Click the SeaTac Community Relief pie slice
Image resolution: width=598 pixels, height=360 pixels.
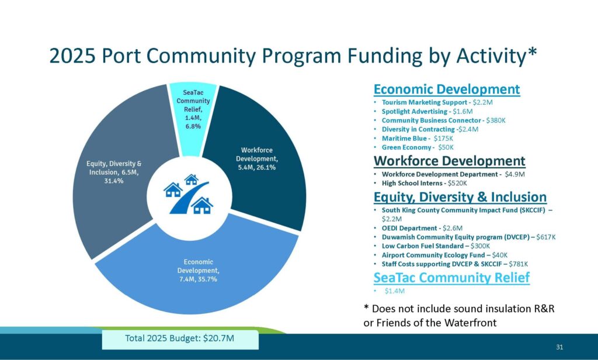click(x=193, y=110)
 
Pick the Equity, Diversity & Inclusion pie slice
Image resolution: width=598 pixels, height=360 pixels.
click(x=114, y=172)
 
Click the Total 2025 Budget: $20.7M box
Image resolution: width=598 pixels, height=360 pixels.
click(x=180, y=338)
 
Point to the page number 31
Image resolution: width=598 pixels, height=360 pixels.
click(x=559, y=347)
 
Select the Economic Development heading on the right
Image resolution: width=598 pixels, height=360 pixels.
click(x=447, y=89)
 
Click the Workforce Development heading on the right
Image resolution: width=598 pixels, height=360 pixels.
click(x=449, y=161)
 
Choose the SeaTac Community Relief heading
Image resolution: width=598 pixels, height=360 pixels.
click(x=451, y=278)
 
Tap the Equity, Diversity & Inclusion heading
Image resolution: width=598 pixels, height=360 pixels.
click(x=460, y=197)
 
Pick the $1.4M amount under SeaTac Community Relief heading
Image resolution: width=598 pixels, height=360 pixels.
click(x=395, y=291)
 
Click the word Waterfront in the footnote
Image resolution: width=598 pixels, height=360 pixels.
click(x=470, y=323)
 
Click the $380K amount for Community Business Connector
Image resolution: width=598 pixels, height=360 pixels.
click(x=496, y=120)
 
